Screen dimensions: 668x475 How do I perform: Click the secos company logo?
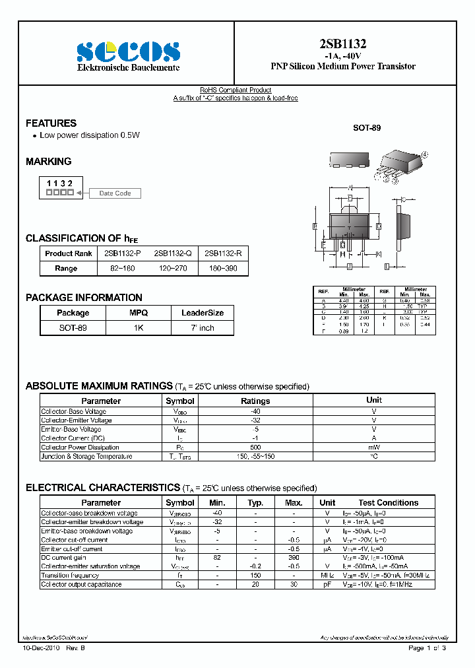(128, 51)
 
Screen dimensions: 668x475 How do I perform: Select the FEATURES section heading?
(51, 123)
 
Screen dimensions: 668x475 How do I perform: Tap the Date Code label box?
(115, 193)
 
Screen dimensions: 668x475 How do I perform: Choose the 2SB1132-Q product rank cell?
(173, 253)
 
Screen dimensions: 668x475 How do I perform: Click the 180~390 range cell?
(223, 269)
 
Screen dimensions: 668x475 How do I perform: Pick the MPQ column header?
(139, 313)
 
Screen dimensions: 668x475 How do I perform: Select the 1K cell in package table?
(139, 328)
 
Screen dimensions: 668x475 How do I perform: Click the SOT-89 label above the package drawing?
(367, 127)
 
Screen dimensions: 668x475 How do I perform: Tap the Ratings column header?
(255, 401)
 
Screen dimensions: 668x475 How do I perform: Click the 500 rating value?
(255, 448)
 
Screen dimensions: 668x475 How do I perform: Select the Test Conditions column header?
(388, 503)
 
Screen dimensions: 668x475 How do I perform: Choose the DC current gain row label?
(63, 558)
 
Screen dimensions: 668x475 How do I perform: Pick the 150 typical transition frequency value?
(255, 576)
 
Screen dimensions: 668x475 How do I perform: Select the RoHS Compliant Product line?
(236, 90)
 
